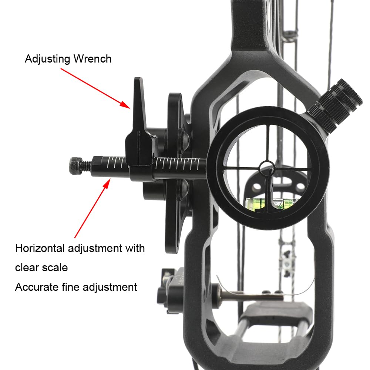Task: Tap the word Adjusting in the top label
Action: click(x=47, y=59)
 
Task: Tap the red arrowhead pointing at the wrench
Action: click(x=125, y=105)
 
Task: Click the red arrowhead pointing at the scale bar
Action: click(x=107, y=184)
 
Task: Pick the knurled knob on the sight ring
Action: click(x=335, y=105)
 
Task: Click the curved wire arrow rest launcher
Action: click(x=265, y=288)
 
